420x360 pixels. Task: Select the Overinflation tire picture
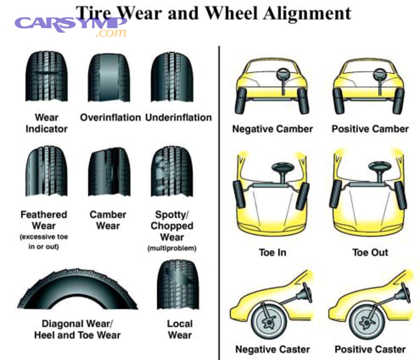pyautogui.click(x=109, y=77)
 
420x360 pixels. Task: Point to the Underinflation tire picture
pyautogui.click(x=172, y=77)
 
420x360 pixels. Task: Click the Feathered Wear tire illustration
pyautogui.click(x=46, y=171)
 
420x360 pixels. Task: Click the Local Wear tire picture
pyautogui.click(x=178, y=285)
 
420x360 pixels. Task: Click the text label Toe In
pyautogui.click(x=273, y=253)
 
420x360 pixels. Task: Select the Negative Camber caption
pyautogui.click(x=273, y=129)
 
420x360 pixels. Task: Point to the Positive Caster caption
pyautogui.click(x=370, y=349)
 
